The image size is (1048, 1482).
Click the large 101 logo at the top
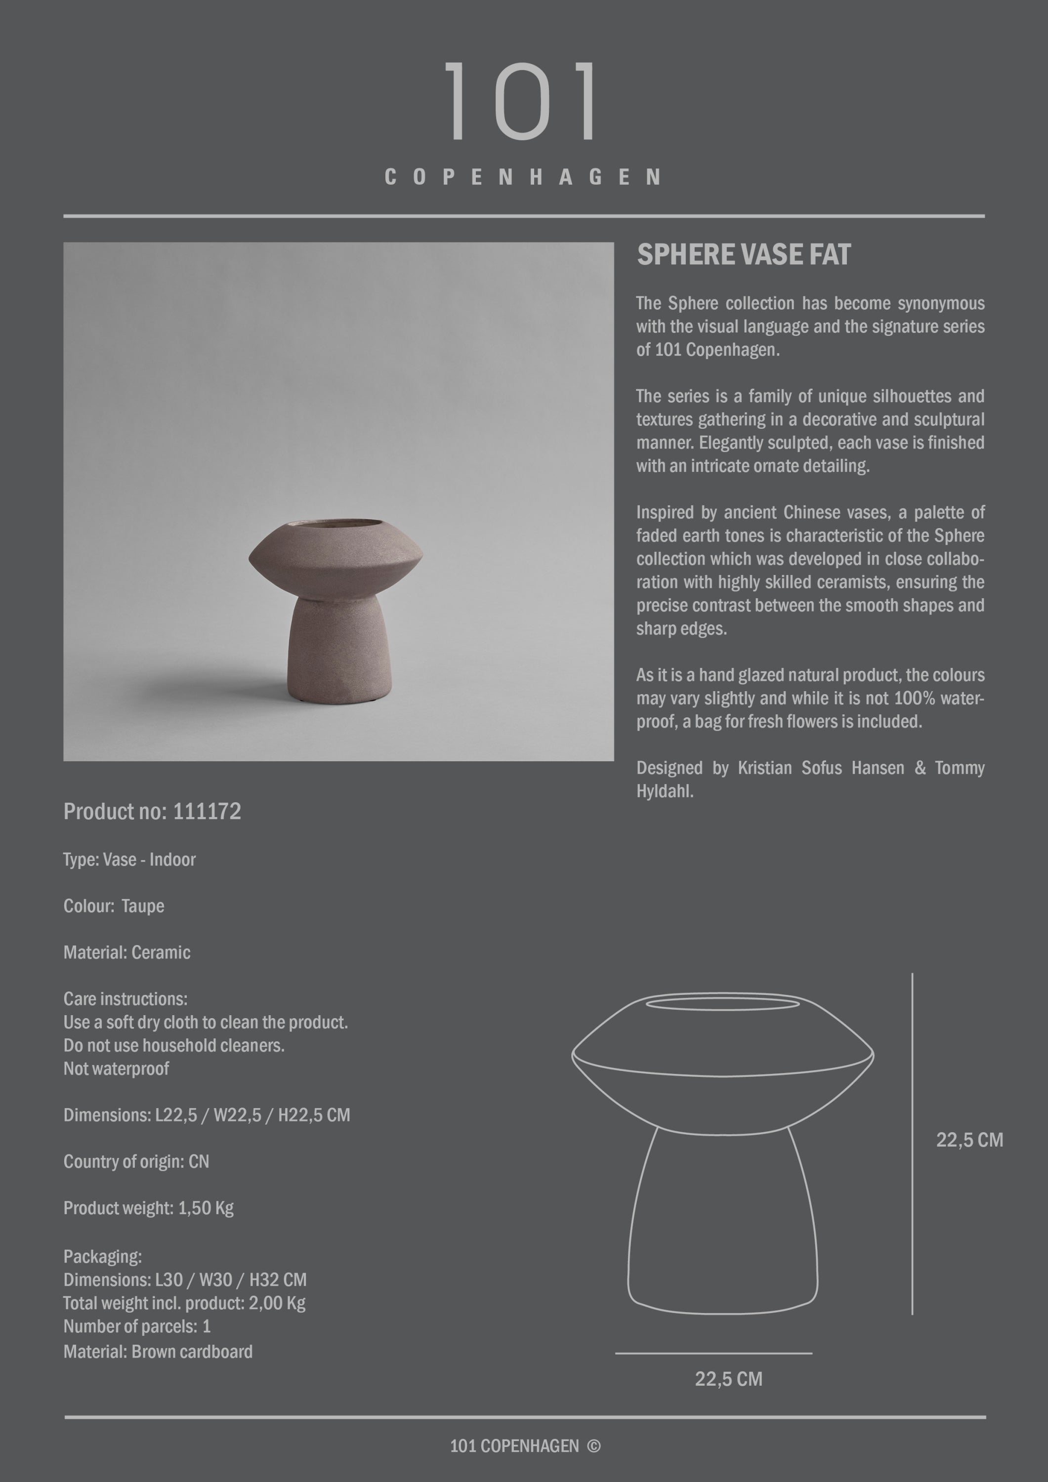click(522, 101)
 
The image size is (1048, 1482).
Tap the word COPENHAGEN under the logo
click(522, 177)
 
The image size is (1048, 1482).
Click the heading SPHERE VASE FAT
click(743, 255)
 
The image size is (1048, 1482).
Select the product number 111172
click(207, 811)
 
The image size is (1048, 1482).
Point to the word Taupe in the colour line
click(143, 906)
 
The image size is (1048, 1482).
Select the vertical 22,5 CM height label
click(969, 1140)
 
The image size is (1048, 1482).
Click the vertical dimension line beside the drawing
click(912, 1143)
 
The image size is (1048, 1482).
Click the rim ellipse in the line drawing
click(722, 1004)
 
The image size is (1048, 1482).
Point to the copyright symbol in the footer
click(593, 1446)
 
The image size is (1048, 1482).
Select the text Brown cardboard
click(192, 1352)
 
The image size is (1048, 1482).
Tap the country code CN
click(199, 1162)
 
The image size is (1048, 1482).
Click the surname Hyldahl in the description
click(665, 791)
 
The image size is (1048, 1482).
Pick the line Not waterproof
click(116, 1069)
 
